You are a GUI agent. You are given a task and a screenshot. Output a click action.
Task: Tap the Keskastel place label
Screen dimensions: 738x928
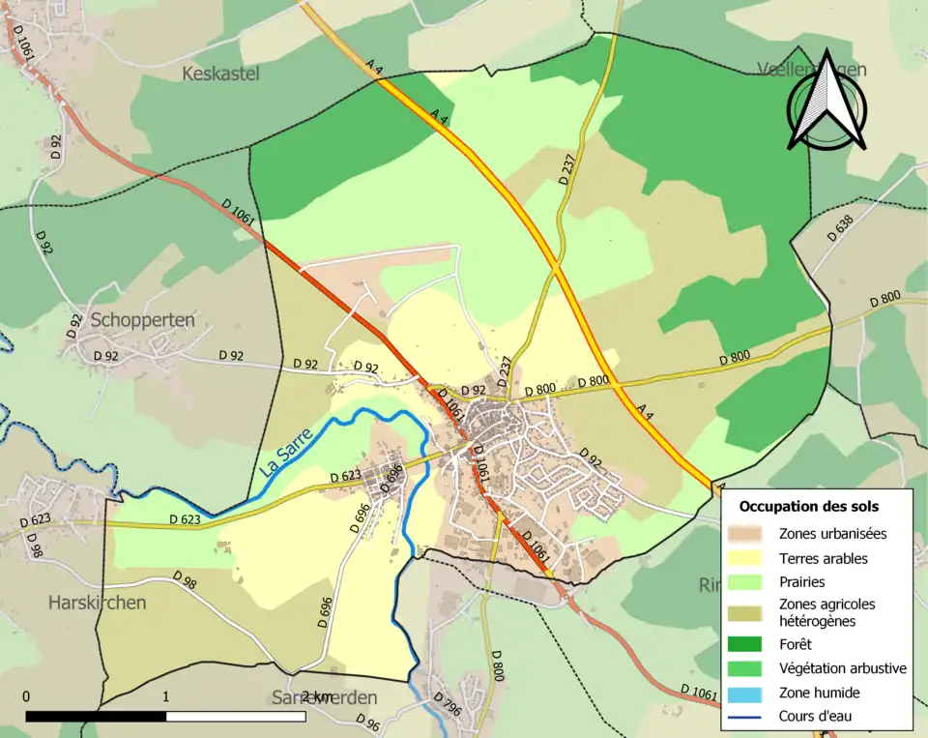(x=220, y=74)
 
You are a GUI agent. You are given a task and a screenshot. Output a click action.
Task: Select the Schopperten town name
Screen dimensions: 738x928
(x=142, y=320)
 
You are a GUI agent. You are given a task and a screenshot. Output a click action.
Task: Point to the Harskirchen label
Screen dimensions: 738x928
(x=97, y=603)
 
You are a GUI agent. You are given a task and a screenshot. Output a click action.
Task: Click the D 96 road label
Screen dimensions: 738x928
(x=368, y=723)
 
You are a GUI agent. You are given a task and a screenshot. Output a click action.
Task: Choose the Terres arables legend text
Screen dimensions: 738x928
(x=823, y=558)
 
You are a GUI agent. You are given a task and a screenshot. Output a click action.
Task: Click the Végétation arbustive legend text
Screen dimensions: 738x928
(x=842, y=668)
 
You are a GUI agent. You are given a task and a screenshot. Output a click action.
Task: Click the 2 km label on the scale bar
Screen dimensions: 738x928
(x=316, y=697)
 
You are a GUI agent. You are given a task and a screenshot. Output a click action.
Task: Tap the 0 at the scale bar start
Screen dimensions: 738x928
(x=25, y=697)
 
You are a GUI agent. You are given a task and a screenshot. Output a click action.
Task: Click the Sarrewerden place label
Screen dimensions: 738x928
(x=324, y=698)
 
